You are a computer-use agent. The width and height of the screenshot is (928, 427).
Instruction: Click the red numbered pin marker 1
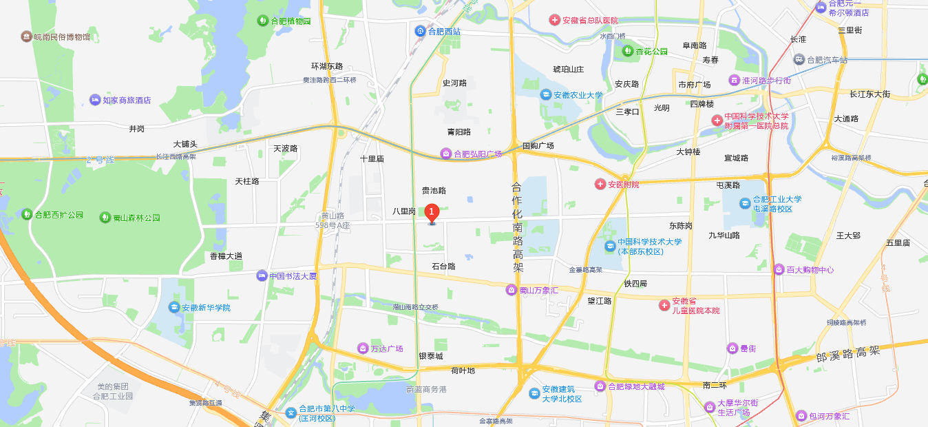[x=432, y=213]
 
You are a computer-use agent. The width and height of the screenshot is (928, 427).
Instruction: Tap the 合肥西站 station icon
[x=420, y=31]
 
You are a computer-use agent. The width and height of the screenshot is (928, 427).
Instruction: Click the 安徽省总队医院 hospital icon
[x=554, y=21]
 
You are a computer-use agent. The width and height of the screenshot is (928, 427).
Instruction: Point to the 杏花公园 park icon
[x=628, y=51]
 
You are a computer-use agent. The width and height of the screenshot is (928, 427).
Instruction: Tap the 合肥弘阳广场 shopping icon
[x=446, y=154]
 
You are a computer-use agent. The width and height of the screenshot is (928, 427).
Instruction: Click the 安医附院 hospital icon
[x=600, y=184]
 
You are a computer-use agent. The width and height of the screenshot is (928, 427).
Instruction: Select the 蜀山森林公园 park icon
[x=105, y=218]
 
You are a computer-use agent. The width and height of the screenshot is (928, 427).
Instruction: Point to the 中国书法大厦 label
[x=293, y=276]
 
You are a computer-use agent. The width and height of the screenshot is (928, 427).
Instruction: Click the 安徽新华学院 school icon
[x=173, y=307]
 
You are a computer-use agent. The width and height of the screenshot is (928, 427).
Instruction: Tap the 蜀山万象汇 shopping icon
[x=512, y=290]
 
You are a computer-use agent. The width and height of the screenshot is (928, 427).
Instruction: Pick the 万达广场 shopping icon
[x=363, y=348]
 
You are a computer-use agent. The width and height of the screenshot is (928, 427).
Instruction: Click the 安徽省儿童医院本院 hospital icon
[x=664, y=305]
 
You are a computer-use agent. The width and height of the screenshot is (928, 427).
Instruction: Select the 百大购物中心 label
[x=810, y=269]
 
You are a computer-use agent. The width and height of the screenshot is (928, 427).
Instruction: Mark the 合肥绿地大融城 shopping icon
[x=600, y=386]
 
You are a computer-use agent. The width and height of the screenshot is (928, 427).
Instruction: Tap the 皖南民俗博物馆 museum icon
[x=26, y=36]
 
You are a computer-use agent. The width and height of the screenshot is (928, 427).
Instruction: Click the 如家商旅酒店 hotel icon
[x=95, y=100]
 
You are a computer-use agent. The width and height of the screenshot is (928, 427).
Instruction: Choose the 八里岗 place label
[x=404, y=211]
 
